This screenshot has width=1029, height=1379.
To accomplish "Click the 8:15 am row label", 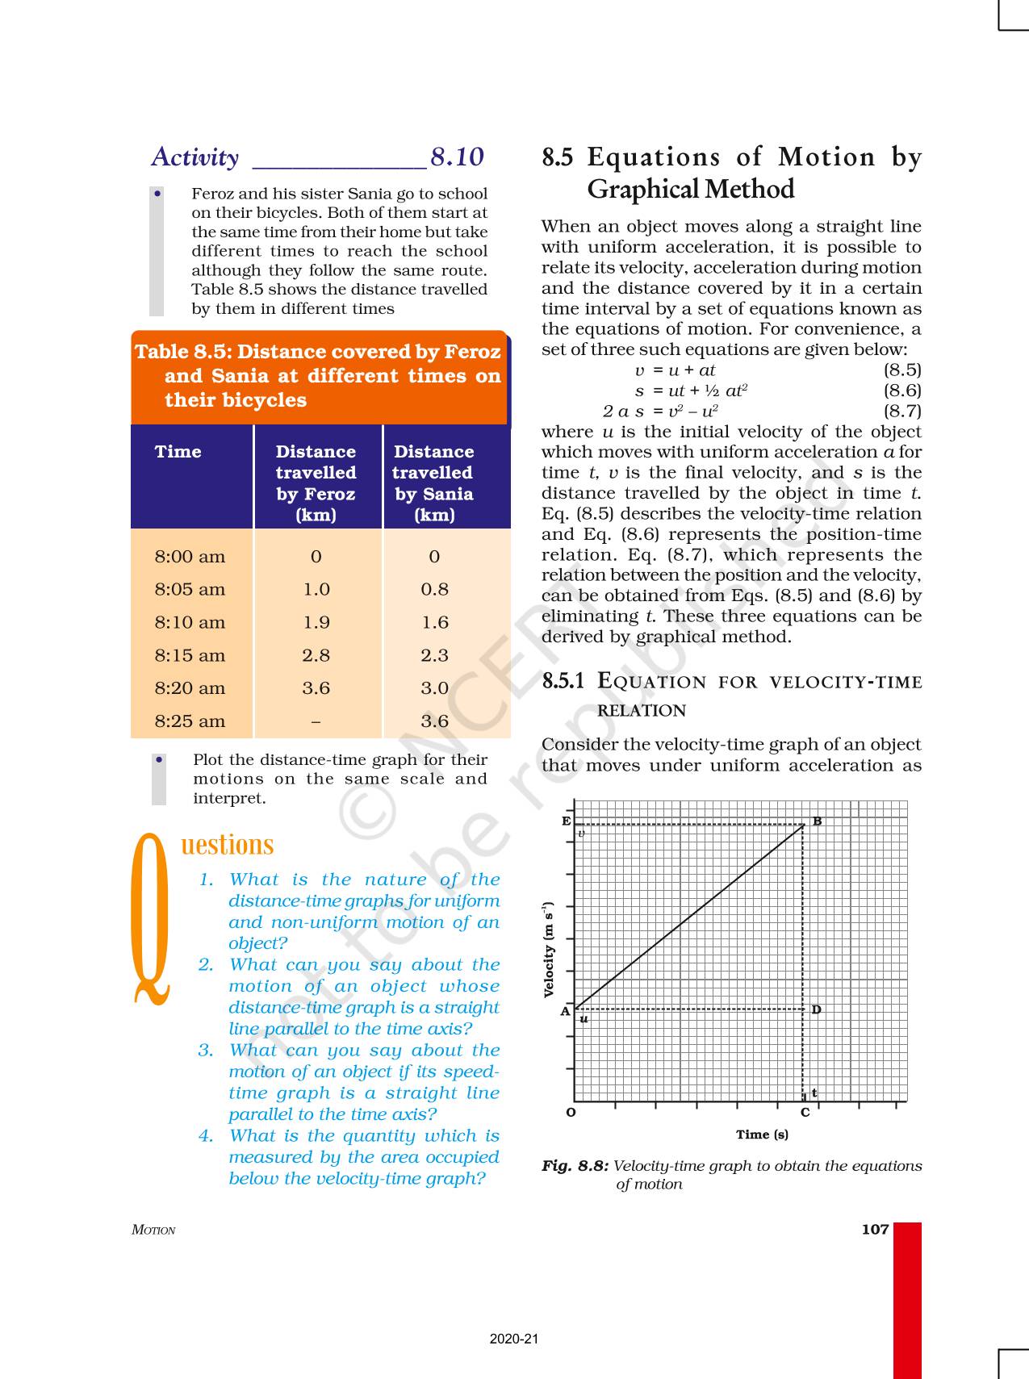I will pyautogui.click(x=190, y=655).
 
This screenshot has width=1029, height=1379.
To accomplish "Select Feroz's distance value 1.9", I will pyautogui.click(x=316, y=622).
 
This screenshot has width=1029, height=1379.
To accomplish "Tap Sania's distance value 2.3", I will pyautogui.click(x=434, y=655).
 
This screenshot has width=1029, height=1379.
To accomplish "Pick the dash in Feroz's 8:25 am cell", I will pyautogui.click(x=316, y=721).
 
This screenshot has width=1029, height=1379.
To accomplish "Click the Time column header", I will pyautogui.click(x=178, y=452).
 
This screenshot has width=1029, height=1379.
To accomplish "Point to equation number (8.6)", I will pyautogui.click(x=901, y=391).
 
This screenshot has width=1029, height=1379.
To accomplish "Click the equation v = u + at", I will pyautogui.click(x=675, y=370).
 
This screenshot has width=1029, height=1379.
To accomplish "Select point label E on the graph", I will pyautogui.click(x=566, y=821).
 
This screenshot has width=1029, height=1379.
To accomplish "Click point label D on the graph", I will pyautogui.click(x=816, y=1009).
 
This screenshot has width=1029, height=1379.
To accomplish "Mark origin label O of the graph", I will pyautogui.click(x=571, y=1113).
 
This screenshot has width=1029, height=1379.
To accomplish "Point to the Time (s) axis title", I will pyautogui.click(x=762, y=1135).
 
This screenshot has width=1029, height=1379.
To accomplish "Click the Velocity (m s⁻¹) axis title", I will pyautogui.click(x=550, y=950).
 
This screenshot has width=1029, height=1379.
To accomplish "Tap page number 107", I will pyautogui.click(x=875, y=1230).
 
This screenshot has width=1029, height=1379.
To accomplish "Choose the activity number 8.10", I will pyautogui.click(x=457, y=157).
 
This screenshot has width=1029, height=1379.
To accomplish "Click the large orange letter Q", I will pyautogui.click(x=151, y=920).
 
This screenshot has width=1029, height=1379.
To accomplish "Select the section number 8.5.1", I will pyautogui.click(x=563, y=681).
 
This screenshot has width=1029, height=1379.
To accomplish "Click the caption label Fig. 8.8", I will pyautogui.click(x=575, y=1166).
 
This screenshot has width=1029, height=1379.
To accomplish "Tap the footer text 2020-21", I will pyautogui.click(x=514, y=1339).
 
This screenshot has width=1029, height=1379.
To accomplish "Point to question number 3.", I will pyautogui.click(x=206, y=1051).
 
